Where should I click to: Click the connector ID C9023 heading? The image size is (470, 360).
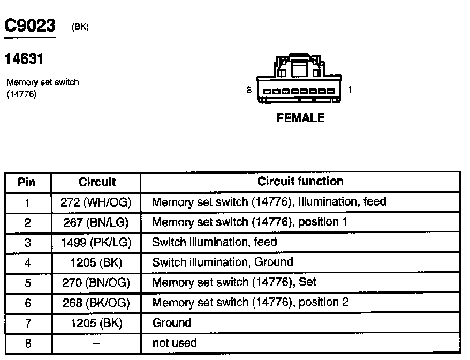coord(30,26)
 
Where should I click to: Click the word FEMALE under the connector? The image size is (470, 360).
coord(300,118)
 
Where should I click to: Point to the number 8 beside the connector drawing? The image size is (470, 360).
coord(249,91)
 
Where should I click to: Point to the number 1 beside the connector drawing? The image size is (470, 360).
coord(350,91)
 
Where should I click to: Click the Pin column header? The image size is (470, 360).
coord(27,182)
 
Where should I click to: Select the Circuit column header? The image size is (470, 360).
coord(97,182)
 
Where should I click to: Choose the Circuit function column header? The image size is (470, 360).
coord(300,182)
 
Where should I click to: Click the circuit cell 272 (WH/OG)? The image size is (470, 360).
coord(97,202)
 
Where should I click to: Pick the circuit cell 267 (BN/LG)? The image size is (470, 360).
coord(97,222)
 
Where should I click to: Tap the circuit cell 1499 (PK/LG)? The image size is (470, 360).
coord(97,243)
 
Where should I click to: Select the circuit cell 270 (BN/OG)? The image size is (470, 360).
coord(97,283)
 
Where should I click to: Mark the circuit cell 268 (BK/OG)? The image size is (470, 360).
coord(97,303)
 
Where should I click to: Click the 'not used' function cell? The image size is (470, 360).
coord(175,343)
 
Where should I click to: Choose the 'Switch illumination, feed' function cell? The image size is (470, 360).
coord(215,243)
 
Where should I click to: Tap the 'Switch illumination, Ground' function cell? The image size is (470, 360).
coord(223,262)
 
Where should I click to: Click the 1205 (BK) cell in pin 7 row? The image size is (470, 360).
coord(97,323)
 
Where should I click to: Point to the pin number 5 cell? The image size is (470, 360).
coord(28,283)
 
